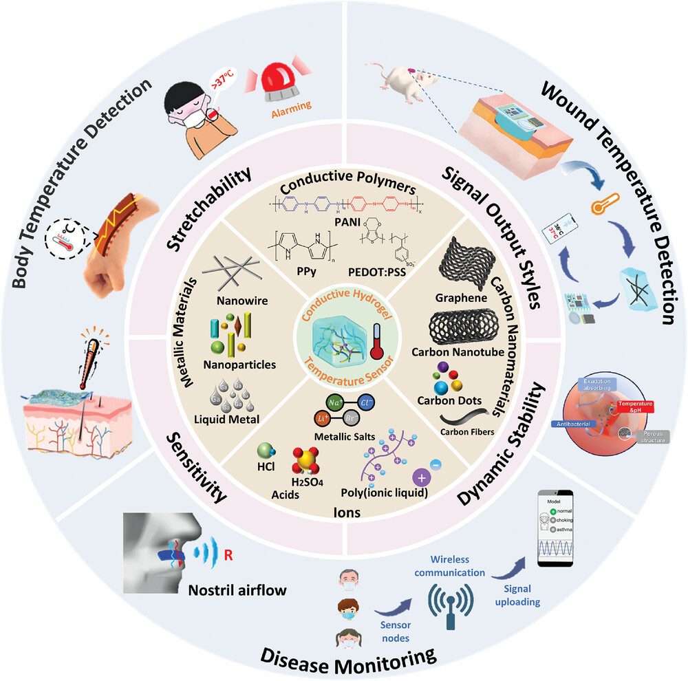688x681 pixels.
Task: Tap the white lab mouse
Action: click(x=405, y=80)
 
